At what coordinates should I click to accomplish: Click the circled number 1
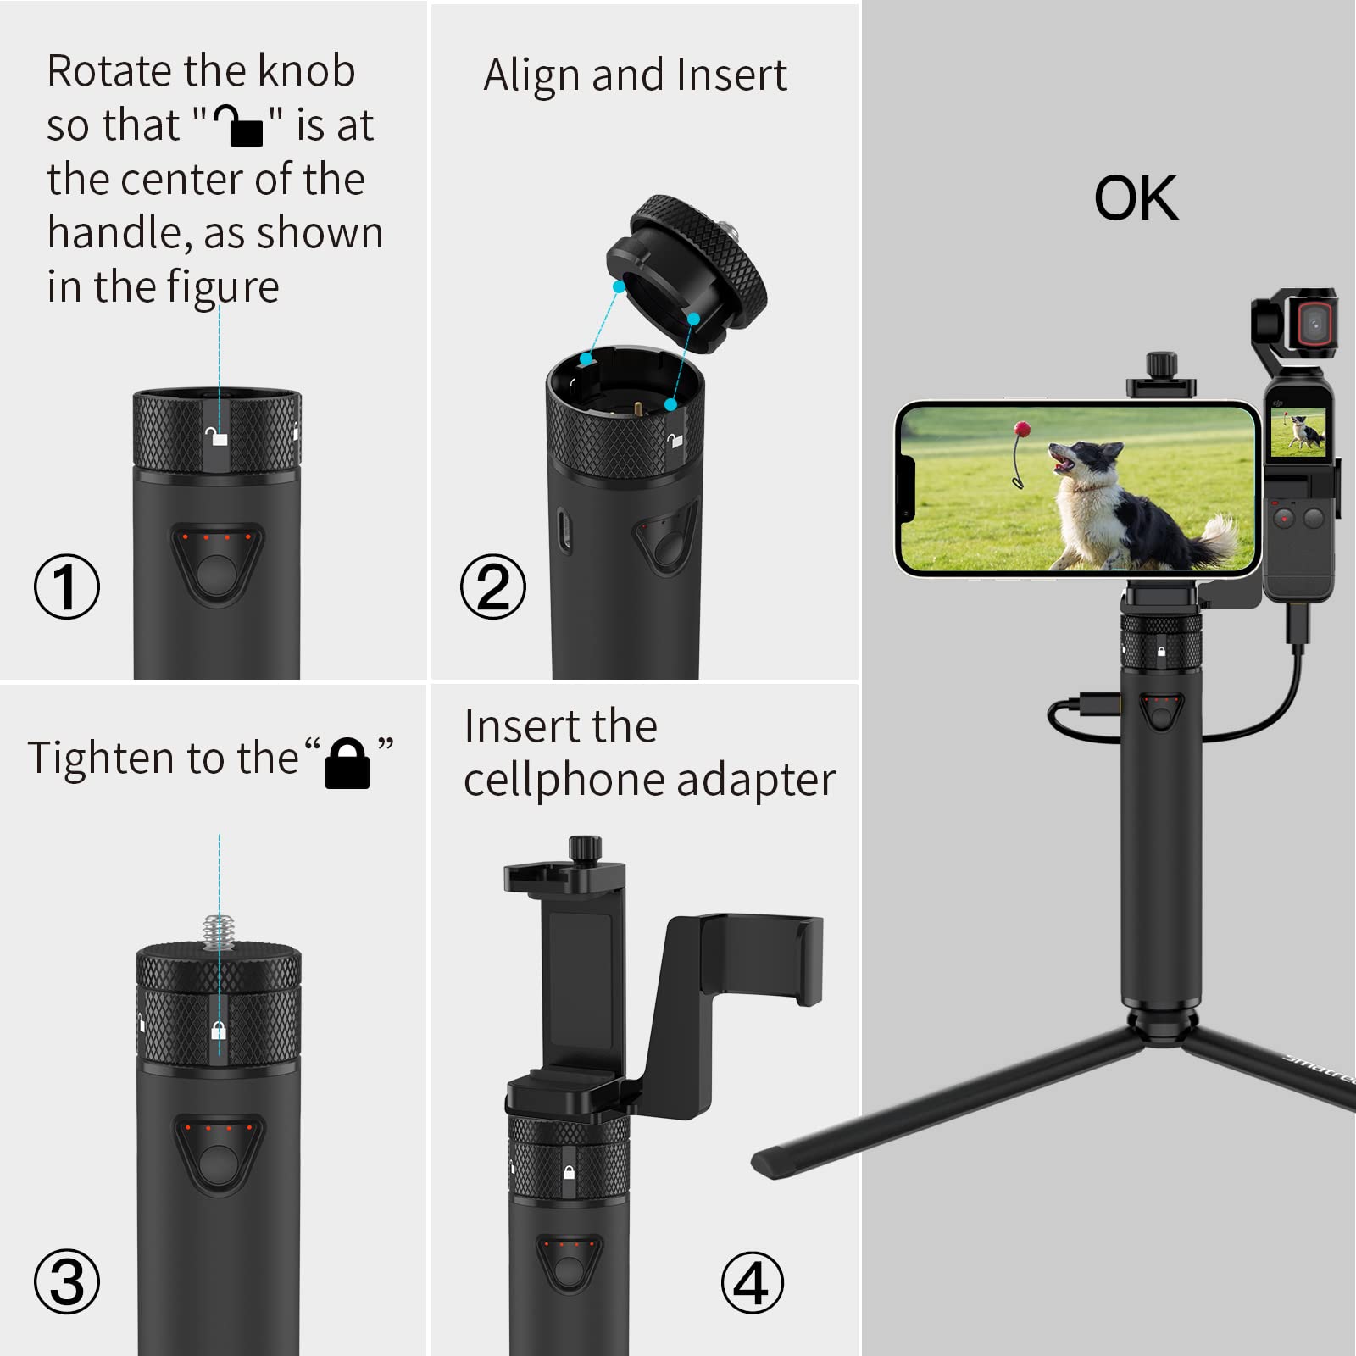[x=67, y=586]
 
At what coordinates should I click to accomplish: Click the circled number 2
[x=492, y=586]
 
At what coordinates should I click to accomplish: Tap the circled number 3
[x=67, y=1281]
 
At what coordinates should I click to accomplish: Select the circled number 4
[x=752, y=1281]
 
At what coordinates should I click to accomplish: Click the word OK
[x=1136, y=199]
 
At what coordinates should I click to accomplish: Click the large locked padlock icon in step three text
[x=347, y=763]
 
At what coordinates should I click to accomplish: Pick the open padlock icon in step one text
[x=238, y=125]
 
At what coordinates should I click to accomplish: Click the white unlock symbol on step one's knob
[x=218, y=437]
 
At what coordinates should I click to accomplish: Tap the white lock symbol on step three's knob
[x=219, y=1031]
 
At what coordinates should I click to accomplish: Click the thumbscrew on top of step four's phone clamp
[x=585, y=847]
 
